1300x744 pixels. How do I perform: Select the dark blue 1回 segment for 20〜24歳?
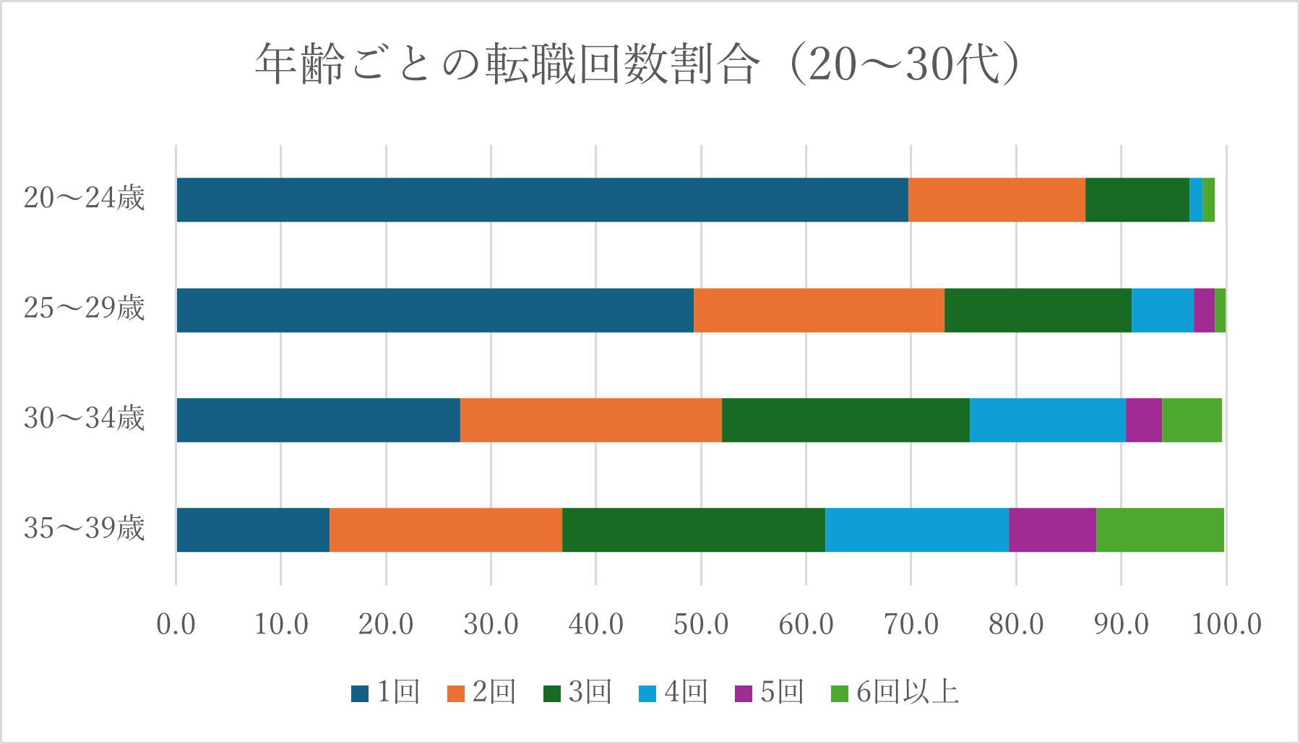click(542, 199)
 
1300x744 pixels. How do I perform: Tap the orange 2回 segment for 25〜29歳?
click(819, 310)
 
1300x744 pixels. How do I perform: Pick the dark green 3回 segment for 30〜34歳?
click(845, 420)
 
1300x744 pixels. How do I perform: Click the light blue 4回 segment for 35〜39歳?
click(916, 529)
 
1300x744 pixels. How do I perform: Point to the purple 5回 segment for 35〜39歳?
click(1052, 529)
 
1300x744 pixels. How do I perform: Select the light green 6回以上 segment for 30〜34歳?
click(1192, 420)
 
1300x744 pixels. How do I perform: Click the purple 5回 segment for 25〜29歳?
click(1204, 310)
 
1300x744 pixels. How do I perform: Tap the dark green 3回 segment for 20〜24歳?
click(1137, 199)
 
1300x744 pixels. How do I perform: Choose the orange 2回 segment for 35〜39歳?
click(445, 529)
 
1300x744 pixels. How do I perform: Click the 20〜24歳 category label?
click(84, 198)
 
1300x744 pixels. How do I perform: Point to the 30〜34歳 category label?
click(84, 418)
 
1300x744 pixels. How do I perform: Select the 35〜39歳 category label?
click(84, 528)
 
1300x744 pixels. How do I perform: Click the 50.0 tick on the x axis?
click(700, 624)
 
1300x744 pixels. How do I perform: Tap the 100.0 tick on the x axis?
click(1226, 624)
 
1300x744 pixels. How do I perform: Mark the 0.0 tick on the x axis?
click(176, 624)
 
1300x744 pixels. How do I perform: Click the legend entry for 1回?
click(386, 693)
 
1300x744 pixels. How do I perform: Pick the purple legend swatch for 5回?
click(743, 693)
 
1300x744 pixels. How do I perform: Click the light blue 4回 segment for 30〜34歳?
click(1047, 420)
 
